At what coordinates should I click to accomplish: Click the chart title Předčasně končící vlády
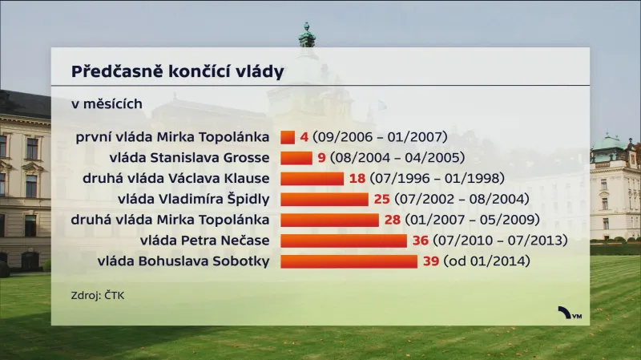[x=177, y=72]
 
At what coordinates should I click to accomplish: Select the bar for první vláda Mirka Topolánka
[x=288, y=136]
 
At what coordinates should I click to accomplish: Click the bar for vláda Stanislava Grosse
[x=296, y=157]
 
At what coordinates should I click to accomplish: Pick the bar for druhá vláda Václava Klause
[x=312, y=178]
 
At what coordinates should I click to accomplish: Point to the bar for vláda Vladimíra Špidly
[x=325, y=199]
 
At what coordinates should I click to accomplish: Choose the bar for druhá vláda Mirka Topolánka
[x=329, y=220]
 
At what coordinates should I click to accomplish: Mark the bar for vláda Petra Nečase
[x=344, y=241]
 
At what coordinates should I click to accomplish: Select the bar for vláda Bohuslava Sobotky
[x=349, y=261]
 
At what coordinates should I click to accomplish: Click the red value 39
[x=431, y=261]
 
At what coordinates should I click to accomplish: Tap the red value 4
[x=304, y=136]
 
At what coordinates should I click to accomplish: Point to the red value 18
[x=357, y=178]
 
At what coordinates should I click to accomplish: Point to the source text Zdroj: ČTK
[x=98, y=295]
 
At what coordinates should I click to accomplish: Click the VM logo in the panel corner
[x=570, y=314]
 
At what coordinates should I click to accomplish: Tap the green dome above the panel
[x=306, y=36]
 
